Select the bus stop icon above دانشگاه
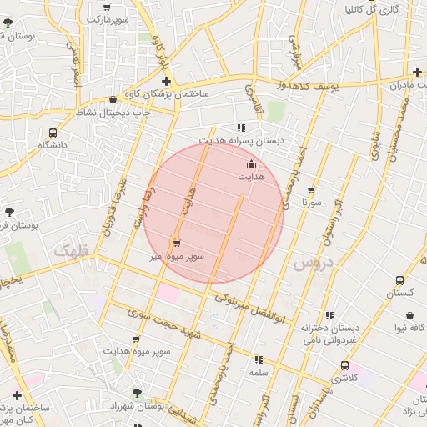(x=54, y=132)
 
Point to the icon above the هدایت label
(x=252, y=165)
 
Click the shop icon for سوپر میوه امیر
(x=175, y=242)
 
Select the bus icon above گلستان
(x=399, y=280)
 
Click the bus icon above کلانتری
(x=344, y=365)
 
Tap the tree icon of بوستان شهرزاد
(x=136, y=390)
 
